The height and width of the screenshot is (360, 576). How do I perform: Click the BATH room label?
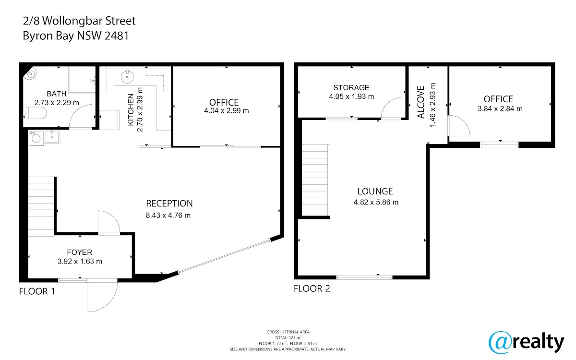coord(57,94)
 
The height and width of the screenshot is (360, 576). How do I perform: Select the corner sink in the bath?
coord(31,73)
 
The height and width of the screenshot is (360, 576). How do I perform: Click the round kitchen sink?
coord(127,76)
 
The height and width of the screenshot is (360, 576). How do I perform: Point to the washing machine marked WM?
coord(36,138)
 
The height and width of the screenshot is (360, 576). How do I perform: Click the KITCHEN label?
coord(131,110)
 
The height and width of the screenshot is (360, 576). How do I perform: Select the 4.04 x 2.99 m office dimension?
coord(227,111)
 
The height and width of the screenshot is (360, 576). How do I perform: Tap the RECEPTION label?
coord(169,204)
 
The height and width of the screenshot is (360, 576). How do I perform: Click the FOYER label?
coord(80,252)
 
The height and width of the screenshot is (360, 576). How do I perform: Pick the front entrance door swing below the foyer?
coord(102,296)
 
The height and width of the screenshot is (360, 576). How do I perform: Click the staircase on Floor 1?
coord(41,206)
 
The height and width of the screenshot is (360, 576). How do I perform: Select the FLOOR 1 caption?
coord(37,291)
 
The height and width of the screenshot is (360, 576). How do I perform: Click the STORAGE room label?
coord(351,88)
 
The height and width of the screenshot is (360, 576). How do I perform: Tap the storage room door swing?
coord(391,108)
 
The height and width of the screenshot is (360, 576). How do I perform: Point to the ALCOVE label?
coord(421,102)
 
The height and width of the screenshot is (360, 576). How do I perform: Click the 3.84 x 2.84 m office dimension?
coord(500,109)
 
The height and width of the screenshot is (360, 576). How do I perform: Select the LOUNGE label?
coord(375,192)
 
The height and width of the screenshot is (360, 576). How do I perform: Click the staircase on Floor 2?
coord(316,180)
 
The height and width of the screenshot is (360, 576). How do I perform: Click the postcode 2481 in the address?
coord(117,36)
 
